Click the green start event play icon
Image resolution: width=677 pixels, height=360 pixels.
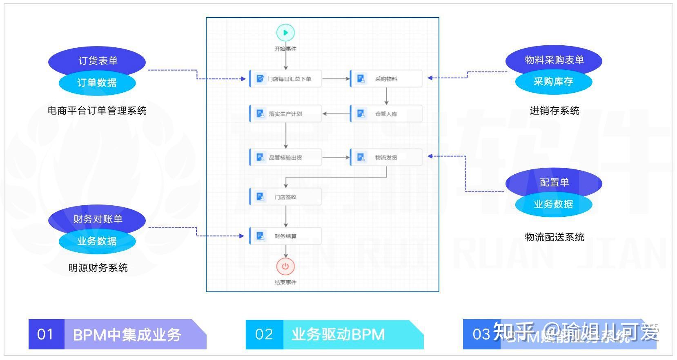(285, 33)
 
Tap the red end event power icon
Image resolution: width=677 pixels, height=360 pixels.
(285, 267)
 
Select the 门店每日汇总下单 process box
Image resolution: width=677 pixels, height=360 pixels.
(285, 79)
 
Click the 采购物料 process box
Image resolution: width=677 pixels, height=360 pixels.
(386, 79)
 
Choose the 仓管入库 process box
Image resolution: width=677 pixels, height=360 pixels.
(386, 114)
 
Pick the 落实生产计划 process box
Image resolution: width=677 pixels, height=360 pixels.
(285, 114)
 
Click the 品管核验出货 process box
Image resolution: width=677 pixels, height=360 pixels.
(285, 158)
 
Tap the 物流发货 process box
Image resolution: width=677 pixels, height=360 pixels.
(386, 158)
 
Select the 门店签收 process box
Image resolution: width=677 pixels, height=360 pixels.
(285, 197)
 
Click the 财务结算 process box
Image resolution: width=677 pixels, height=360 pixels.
(285, 236)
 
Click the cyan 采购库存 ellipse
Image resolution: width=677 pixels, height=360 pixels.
(553, 82)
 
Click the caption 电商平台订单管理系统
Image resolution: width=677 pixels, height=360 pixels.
(97, 111)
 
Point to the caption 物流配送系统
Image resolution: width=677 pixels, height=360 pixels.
(554, 237)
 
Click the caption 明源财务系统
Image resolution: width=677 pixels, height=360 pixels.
(98, 268)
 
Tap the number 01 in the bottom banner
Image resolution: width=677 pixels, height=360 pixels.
(45, 335)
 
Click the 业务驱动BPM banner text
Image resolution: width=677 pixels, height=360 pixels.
(338, 335)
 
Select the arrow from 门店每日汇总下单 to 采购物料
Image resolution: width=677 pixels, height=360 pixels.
(336, 79)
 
